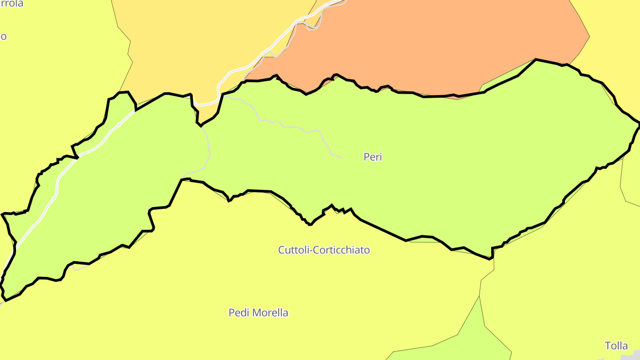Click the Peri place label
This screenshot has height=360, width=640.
click(372, 157)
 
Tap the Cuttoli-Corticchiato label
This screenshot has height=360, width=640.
click(324, 250)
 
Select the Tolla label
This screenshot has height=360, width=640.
click(616, 346)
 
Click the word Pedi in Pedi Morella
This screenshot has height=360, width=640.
click(238, 312)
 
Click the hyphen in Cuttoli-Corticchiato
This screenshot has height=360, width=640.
click(311, 251)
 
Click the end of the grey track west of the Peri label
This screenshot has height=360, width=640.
click(341, 157)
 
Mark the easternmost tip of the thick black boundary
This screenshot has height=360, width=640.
click(639, 125)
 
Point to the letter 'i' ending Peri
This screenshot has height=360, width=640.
click(380, 157)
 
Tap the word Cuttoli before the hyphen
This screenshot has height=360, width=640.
click(293, 250)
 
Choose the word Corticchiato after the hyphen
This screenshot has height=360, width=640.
click(342, 250)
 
